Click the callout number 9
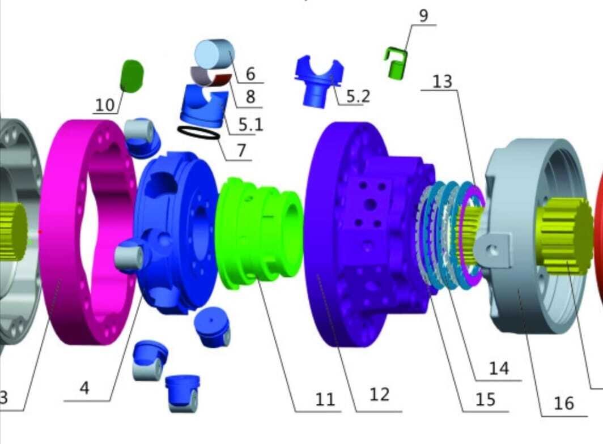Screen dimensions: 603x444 tap(423, 16)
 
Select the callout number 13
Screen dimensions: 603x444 tap(442, 81)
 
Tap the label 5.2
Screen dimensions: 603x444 tap(358, 96)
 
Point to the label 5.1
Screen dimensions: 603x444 tap(250, 124)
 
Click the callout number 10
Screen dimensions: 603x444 tap(105, 105)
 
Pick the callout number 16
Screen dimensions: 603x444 tap(564, 403)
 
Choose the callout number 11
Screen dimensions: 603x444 tap(325, 399)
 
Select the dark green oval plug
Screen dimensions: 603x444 tap(132, 76)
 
